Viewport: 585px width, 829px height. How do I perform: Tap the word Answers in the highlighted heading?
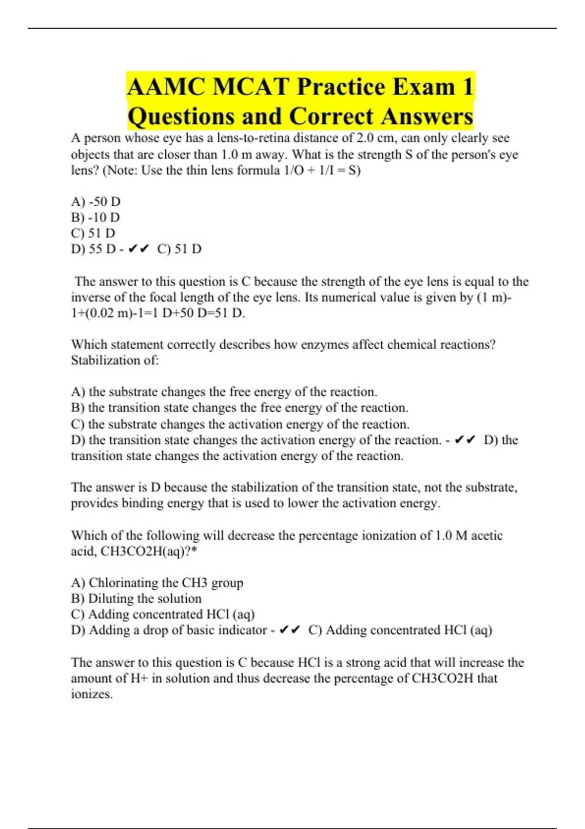(x=427, y=116)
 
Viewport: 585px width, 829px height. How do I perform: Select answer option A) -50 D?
(x=96, y=201)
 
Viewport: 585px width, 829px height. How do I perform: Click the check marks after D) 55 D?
(x=138, y=249)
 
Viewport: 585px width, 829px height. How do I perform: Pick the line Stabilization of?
(x=115, y=360)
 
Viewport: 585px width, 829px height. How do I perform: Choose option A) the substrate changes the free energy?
(x=224, y=392)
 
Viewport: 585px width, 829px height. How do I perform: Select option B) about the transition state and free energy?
(x=239, y=408)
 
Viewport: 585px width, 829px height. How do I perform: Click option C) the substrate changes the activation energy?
(x=240, y=424)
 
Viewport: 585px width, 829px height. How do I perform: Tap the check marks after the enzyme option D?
(x=465, y=440)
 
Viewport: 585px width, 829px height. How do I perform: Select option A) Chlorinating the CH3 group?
(x=157, y=583)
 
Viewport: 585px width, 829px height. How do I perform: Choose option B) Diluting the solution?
(x=136, y=598)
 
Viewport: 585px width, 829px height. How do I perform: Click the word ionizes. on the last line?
(x=92, y=694)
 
